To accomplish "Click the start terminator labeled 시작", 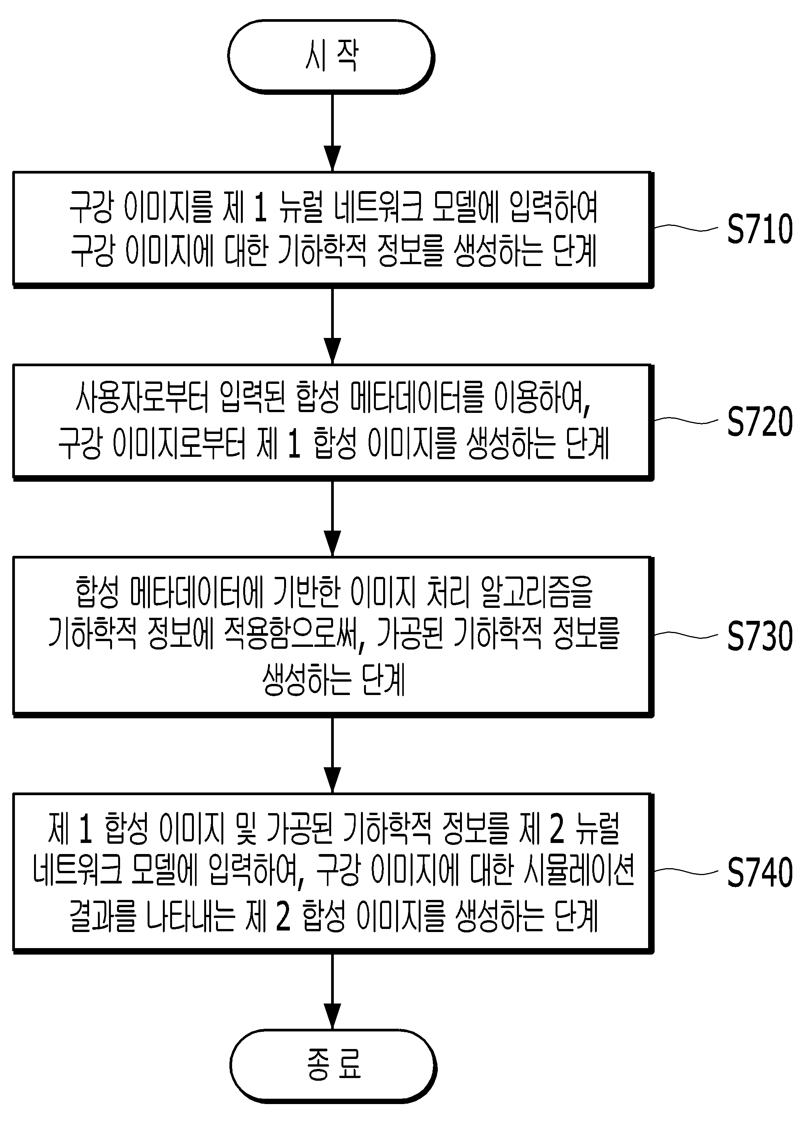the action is [332, 57].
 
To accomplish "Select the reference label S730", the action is [760, 636].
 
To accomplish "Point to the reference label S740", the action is [760, 873].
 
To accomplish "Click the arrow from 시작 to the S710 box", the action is [332, 133].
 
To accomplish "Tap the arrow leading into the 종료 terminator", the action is [332, 991].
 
